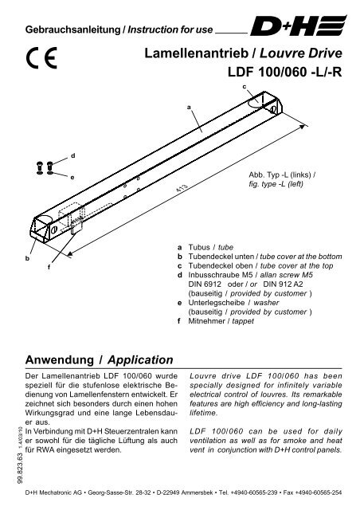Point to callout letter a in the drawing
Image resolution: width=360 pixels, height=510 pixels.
click(189, 106)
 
